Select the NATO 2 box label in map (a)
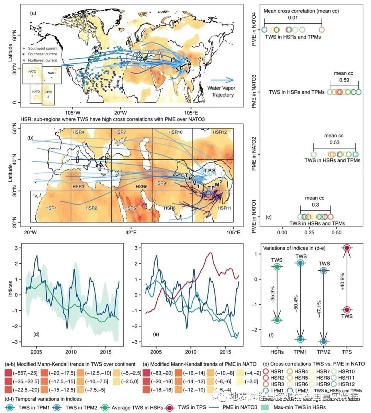coord(32,73)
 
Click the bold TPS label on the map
coord(210,170)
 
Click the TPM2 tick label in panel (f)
coord(324,352)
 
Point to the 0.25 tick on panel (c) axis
coord(309,232)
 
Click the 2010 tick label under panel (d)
coord(71,352)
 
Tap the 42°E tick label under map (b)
coord(131,230)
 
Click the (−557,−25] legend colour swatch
coord(10,373)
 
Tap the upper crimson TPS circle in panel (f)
coord(347,248)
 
